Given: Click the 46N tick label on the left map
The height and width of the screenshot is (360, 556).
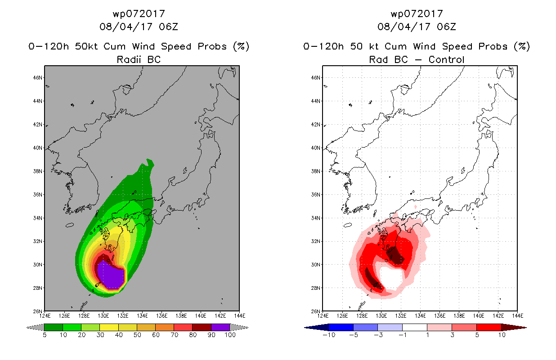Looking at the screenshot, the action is point(38,78).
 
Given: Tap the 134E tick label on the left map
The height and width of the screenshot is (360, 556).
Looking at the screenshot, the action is point(142,316).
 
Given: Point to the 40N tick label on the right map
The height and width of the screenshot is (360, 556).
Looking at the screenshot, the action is point(316,148).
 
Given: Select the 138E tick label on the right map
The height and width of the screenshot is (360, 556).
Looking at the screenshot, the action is point(459,316).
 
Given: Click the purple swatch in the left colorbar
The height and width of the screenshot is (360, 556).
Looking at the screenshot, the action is point(220,327).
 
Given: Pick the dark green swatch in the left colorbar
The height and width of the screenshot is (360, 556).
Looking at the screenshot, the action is point(54,327).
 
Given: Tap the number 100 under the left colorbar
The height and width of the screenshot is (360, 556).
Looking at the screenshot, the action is point(230,335).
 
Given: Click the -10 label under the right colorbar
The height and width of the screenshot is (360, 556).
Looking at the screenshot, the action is point(329,335).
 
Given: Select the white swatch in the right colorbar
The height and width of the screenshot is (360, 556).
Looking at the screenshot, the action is point(415,327).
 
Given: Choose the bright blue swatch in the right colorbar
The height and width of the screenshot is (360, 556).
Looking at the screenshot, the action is point(341,327).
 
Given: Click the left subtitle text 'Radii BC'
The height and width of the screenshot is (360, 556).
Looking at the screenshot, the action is point(139,59).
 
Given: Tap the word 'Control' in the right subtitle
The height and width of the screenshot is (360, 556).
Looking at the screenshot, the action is point(446,59).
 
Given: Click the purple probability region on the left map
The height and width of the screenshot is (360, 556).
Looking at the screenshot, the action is point(111,275).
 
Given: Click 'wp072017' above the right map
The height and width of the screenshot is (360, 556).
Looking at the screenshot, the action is point(417,13).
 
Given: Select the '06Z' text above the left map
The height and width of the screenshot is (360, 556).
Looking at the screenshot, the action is point(169,27).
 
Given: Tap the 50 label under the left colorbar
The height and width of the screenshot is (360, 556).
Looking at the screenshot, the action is point(137,335).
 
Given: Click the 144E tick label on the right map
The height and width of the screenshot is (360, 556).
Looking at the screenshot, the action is point(517,316).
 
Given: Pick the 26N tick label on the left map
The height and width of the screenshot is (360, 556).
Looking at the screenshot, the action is point(38,311).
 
